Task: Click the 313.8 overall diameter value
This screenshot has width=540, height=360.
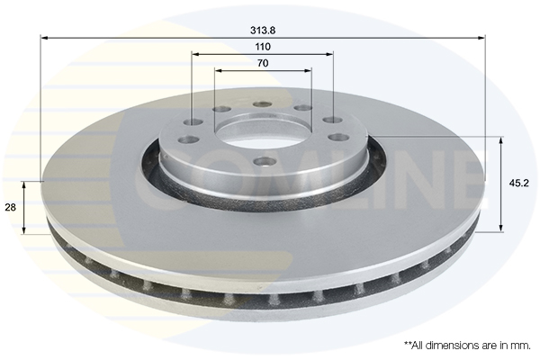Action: click(x=263, y=29)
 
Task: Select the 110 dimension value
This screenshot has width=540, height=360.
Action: click(x=263, y=46)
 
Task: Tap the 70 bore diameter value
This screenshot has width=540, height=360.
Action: click(x=263, y=63)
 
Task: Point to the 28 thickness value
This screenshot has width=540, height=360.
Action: click(x=11, y=207)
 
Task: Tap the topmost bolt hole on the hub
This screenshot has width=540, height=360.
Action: click(x=262, y=103)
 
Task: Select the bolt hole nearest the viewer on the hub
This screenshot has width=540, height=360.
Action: click(x=262, y=161)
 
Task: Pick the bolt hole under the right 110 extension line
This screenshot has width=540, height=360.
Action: click(x=331, y=120)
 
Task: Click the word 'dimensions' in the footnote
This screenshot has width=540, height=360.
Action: click(x=447, y=345)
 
